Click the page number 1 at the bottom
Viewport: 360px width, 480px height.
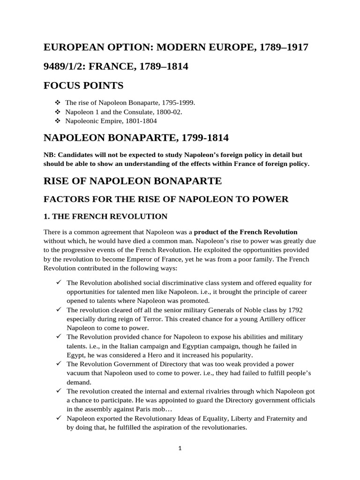[180, 448]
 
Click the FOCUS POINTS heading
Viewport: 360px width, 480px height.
[83, 85]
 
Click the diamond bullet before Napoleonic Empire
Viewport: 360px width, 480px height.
[58, 121]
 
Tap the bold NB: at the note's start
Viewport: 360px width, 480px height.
[50, 154]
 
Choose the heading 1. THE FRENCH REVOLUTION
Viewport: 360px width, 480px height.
[105, 216]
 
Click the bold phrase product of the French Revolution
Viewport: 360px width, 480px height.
[246, 232]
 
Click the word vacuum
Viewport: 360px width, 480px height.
[80, 373]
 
